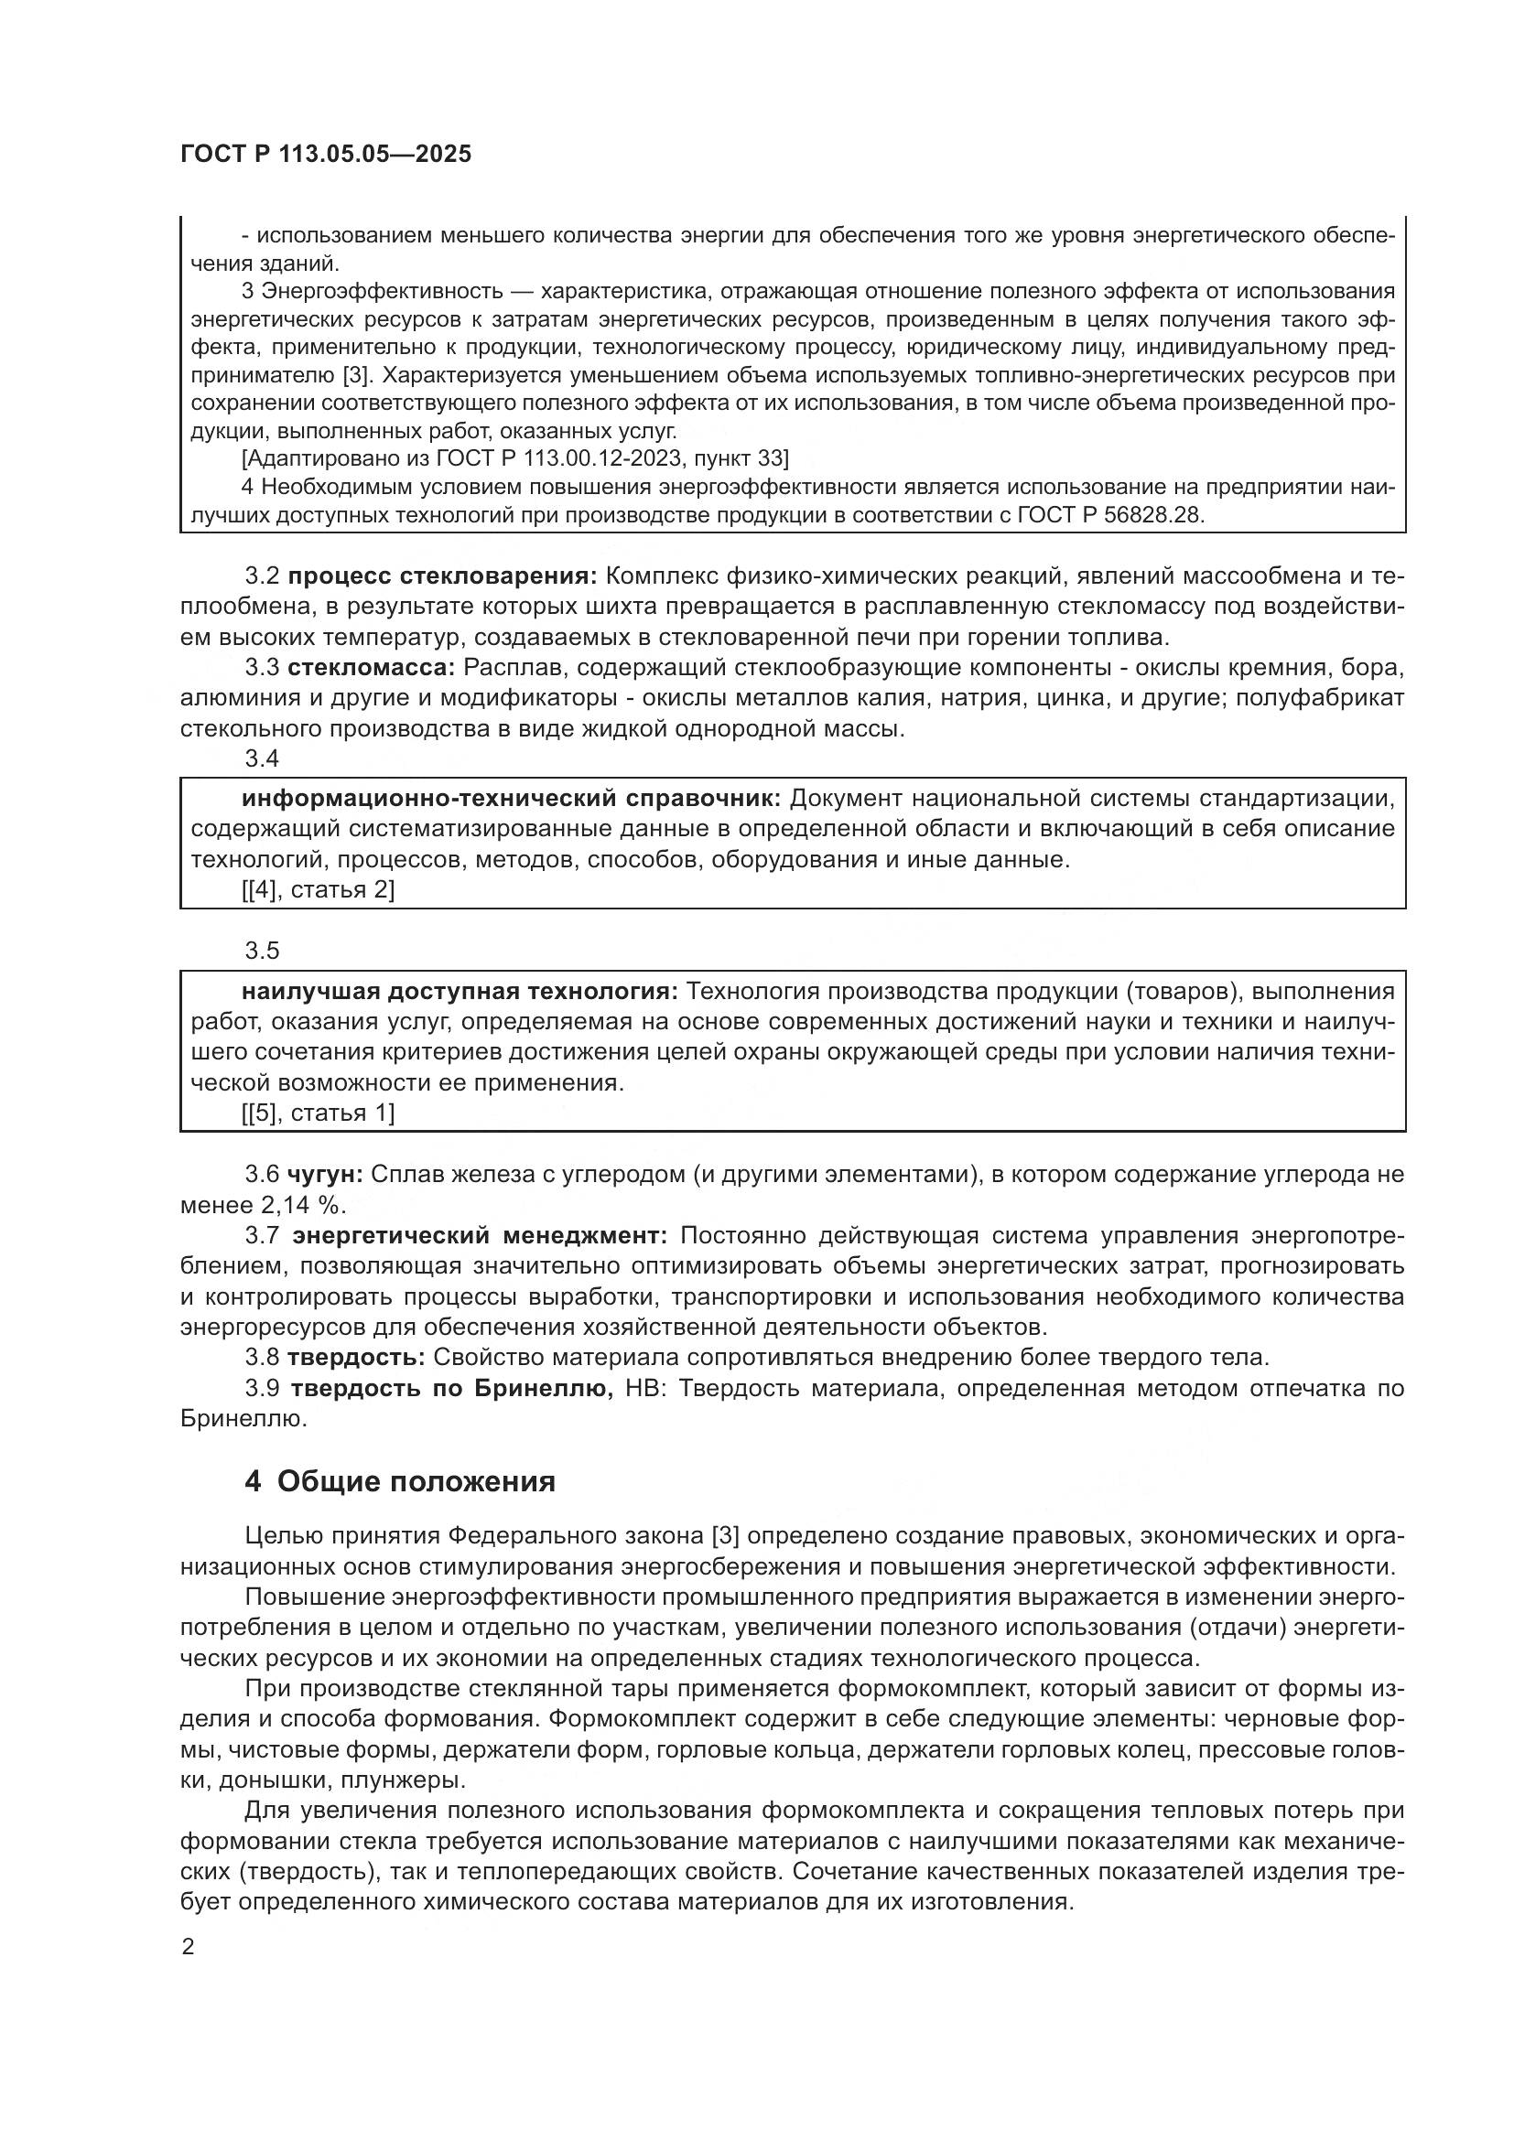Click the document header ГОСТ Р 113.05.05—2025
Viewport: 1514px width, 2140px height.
tap(325, 155)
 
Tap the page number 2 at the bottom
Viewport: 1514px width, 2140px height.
tap(189, 1946)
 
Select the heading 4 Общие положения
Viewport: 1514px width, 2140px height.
tap(400, 1481)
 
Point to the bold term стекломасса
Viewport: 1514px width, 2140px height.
tap(370, 667)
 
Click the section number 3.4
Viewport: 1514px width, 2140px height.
tap(262, 758)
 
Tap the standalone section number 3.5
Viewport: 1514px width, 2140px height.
tap(262, 951)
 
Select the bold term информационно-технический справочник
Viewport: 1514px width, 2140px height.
tap(511, 799)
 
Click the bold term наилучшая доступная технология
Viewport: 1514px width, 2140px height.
tap(460, 991)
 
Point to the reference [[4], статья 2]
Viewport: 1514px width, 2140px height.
tap(318, 890)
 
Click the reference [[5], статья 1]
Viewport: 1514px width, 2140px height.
tap(318, 1113)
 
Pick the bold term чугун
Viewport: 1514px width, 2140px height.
tap(324, 1175)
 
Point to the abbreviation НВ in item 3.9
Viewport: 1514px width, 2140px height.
tap(645, 1389)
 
